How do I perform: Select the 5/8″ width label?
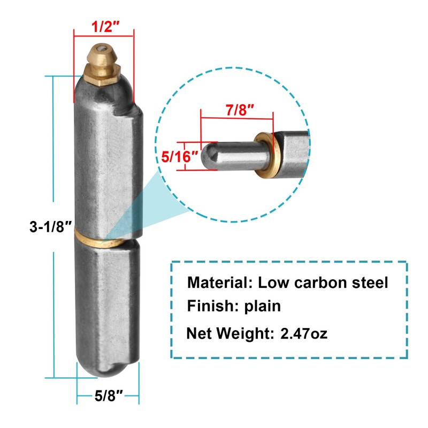click(x=108, y=396)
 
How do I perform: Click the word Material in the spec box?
click(x=220, y=283)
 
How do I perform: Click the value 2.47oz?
click(x=304, y=333)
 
